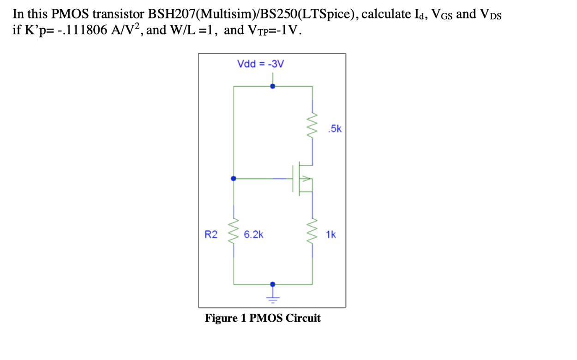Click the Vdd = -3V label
(260, 64)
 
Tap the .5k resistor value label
(334, 129)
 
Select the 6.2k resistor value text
(253, 234)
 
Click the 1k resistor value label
(331, 234)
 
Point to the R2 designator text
(211, 234)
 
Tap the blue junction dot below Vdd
(273, 86)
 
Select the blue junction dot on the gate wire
(234, 178)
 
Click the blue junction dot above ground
(273, 284)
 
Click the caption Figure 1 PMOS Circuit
(263, 318)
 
